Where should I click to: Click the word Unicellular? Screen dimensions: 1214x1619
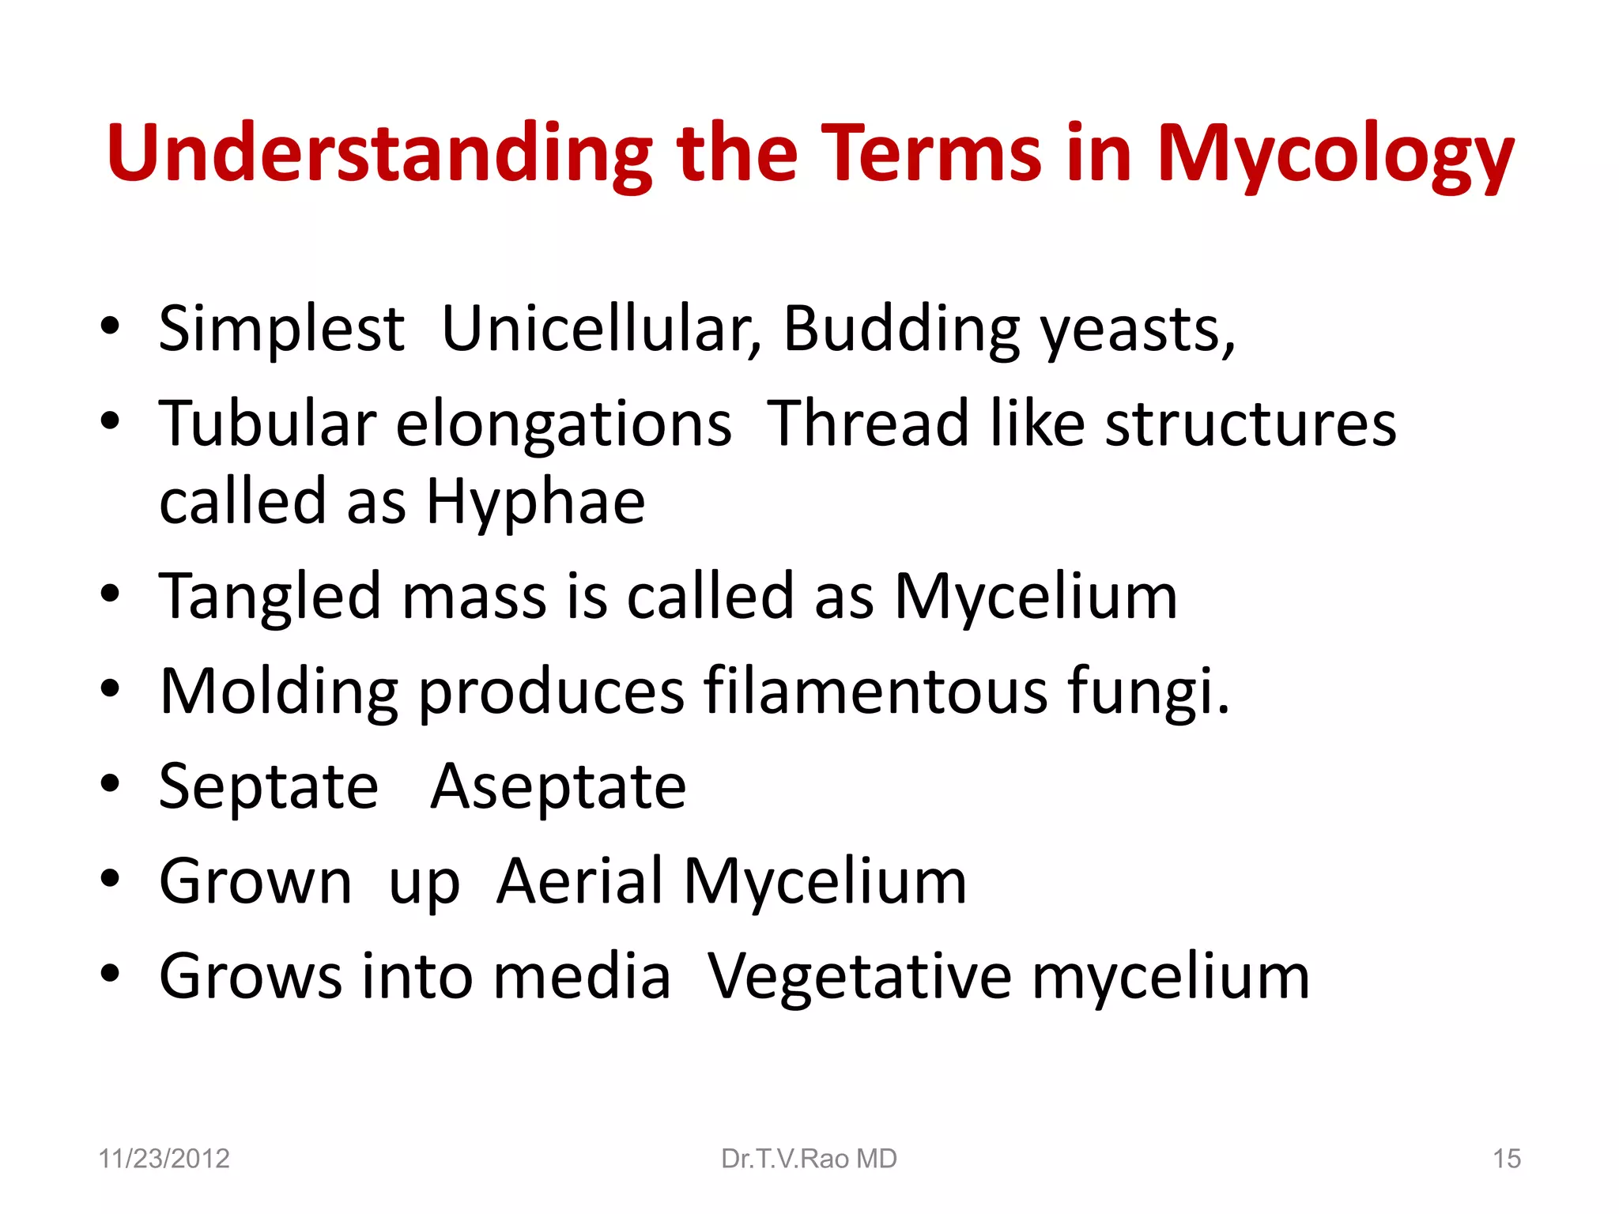(601, 329)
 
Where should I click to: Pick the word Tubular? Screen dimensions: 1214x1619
(267, 424)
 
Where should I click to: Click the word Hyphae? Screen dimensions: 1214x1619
(536, 503)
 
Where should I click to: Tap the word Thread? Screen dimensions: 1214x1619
(868, 424)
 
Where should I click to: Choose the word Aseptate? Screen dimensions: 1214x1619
(558, 787)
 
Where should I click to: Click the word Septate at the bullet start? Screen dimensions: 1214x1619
(269, 787)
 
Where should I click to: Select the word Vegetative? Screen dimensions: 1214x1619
(859, 977)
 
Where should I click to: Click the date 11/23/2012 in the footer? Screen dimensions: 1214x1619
(164, 1159)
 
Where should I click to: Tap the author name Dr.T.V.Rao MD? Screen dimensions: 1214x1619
(809, 1159)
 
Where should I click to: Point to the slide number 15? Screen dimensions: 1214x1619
(1506, 1159)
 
